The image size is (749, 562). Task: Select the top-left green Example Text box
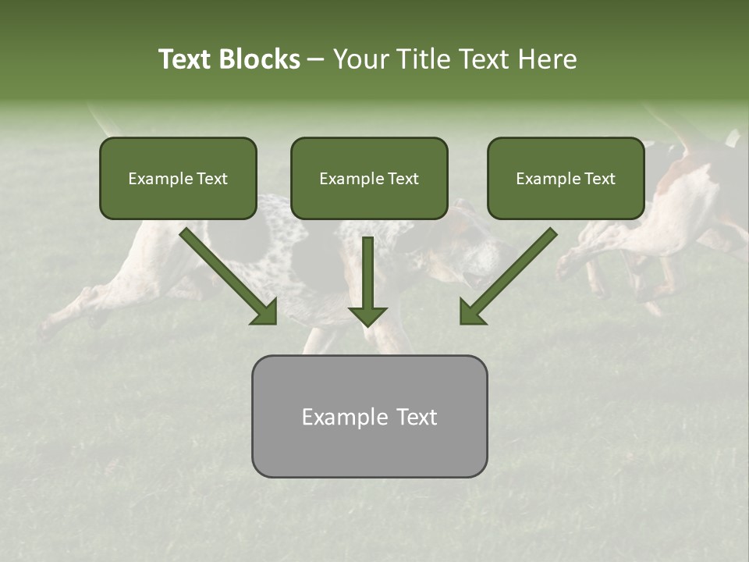(178, 178)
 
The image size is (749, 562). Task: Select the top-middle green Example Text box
(369, 178)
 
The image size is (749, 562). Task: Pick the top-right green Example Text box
(566, 178)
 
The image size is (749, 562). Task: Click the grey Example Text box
(369, 416)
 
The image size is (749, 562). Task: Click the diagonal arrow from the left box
(226, 274)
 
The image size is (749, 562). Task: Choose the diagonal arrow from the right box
(510, 274)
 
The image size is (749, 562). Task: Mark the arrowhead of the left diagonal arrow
(265, 312)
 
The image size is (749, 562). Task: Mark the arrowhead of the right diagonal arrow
(472, 312)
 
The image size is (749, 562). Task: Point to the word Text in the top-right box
(599, 179)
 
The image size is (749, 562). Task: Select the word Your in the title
(357, 59)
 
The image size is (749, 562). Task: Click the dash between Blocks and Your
(316, 59)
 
